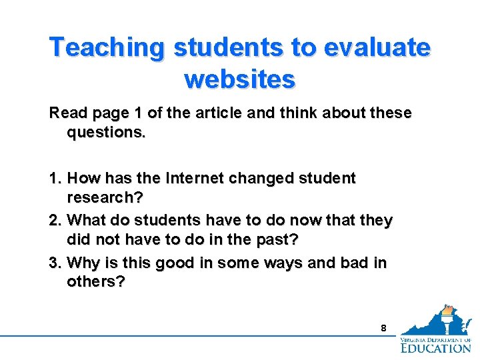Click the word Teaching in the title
click(x=107, y=48)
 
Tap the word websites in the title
click(x=239, y=79)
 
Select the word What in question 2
click(x=85, y=220)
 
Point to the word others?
click(x=96, y=281)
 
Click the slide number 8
click(x=383, y=328)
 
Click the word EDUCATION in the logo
click(x=436, y=347)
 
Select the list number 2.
click(x=55, y=220)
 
